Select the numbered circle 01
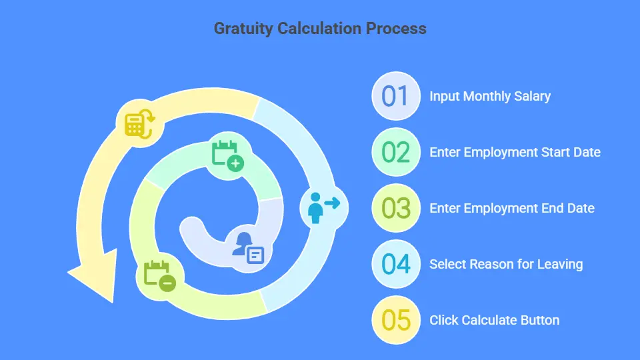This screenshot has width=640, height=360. click(x=395, y=96)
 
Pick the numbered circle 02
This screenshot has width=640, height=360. click(x=395, y=152)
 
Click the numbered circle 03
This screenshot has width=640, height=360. click(x=395, y=208)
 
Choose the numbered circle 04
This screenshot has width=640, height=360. click(x=395, y=264)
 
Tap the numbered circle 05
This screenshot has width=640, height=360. click(x=395, y=320)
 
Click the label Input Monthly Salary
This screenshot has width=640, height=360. click(x=490, y=96)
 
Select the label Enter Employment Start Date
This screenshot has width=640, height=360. click(x=515, y=152)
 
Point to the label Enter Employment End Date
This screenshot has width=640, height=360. click(x=511, y=208)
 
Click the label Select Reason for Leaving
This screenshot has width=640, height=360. click(x=506, y=264)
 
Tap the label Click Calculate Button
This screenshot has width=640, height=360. click(x=494, y=320)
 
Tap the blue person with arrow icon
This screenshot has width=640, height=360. click(x=323, y=208)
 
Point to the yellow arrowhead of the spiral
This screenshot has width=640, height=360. click(x=93, y=275)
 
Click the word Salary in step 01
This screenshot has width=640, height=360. click(x=532, y=96)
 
